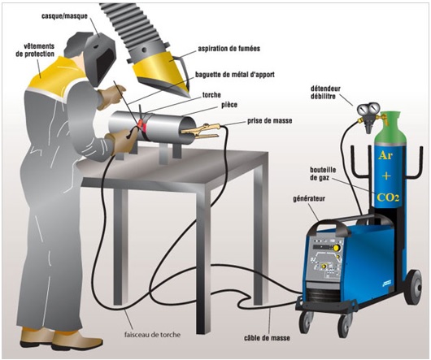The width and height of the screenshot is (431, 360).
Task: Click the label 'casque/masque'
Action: (x=64, y=16)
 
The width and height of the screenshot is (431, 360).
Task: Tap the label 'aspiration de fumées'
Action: (x=229, y=49)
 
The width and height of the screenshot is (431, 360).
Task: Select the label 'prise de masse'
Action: (x=270, y=120)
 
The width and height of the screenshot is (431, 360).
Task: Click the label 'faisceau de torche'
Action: (x=153, y=335)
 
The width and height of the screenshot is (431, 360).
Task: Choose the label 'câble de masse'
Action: (x=267, y=337)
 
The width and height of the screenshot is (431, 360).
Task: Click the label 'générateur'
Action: (x=309, y=198)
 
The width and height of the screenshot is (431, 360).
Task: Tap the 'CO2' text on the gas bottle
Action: (x=388, y=197)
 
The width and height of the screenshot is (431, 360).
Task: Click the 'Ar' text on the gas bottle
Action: (x=385, y=155)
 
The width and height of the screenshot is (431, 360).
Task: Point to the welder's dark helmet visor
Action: (x=105, y=63)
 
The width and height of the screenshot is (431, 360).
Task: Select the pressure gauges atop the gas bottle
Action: (x=368, y=110)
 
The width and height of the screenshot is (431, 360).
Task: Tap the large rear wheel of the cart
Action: (x=413, y=287)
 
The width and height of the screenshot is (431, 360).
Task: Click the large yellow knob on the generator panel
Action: (x=336, y=248)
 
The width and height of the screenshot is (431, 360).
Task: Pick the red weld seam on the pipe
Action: (x=142, y=125)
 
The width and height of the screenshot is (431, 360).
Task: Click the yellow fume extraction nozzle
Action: (x=162, y=72)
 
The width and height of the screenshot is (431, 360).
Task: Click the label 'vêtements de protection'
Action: (x=35, y=50)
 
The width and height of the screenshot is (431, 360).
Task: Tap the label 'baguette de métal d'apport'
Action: (x=235, y=75)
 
